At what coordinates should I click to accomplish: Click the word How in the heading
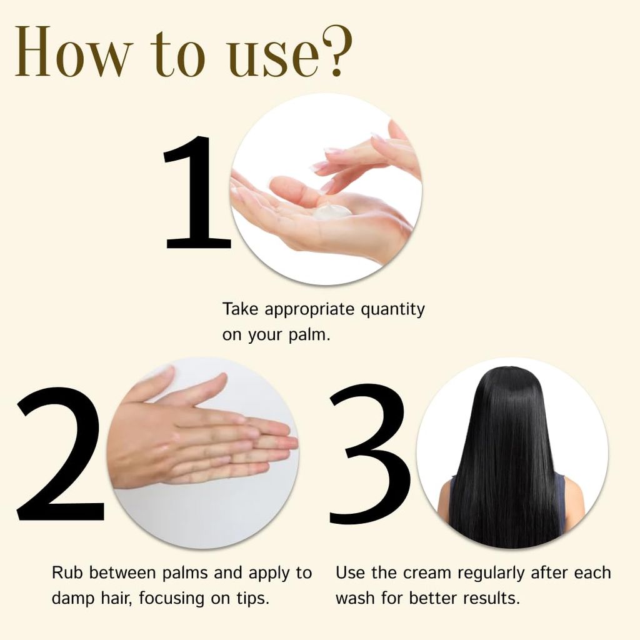pos(74,51)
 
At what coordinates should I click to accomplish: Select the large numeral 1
pos(197,192)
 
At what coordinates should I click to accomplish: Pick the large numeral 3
pos(370,454)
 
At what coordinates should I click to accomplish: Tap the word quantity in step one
pos(392,310)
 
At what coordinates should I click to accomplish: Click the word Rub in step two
pos(67,572)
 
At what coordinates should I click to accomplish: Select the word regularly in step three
pos(491,574)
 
